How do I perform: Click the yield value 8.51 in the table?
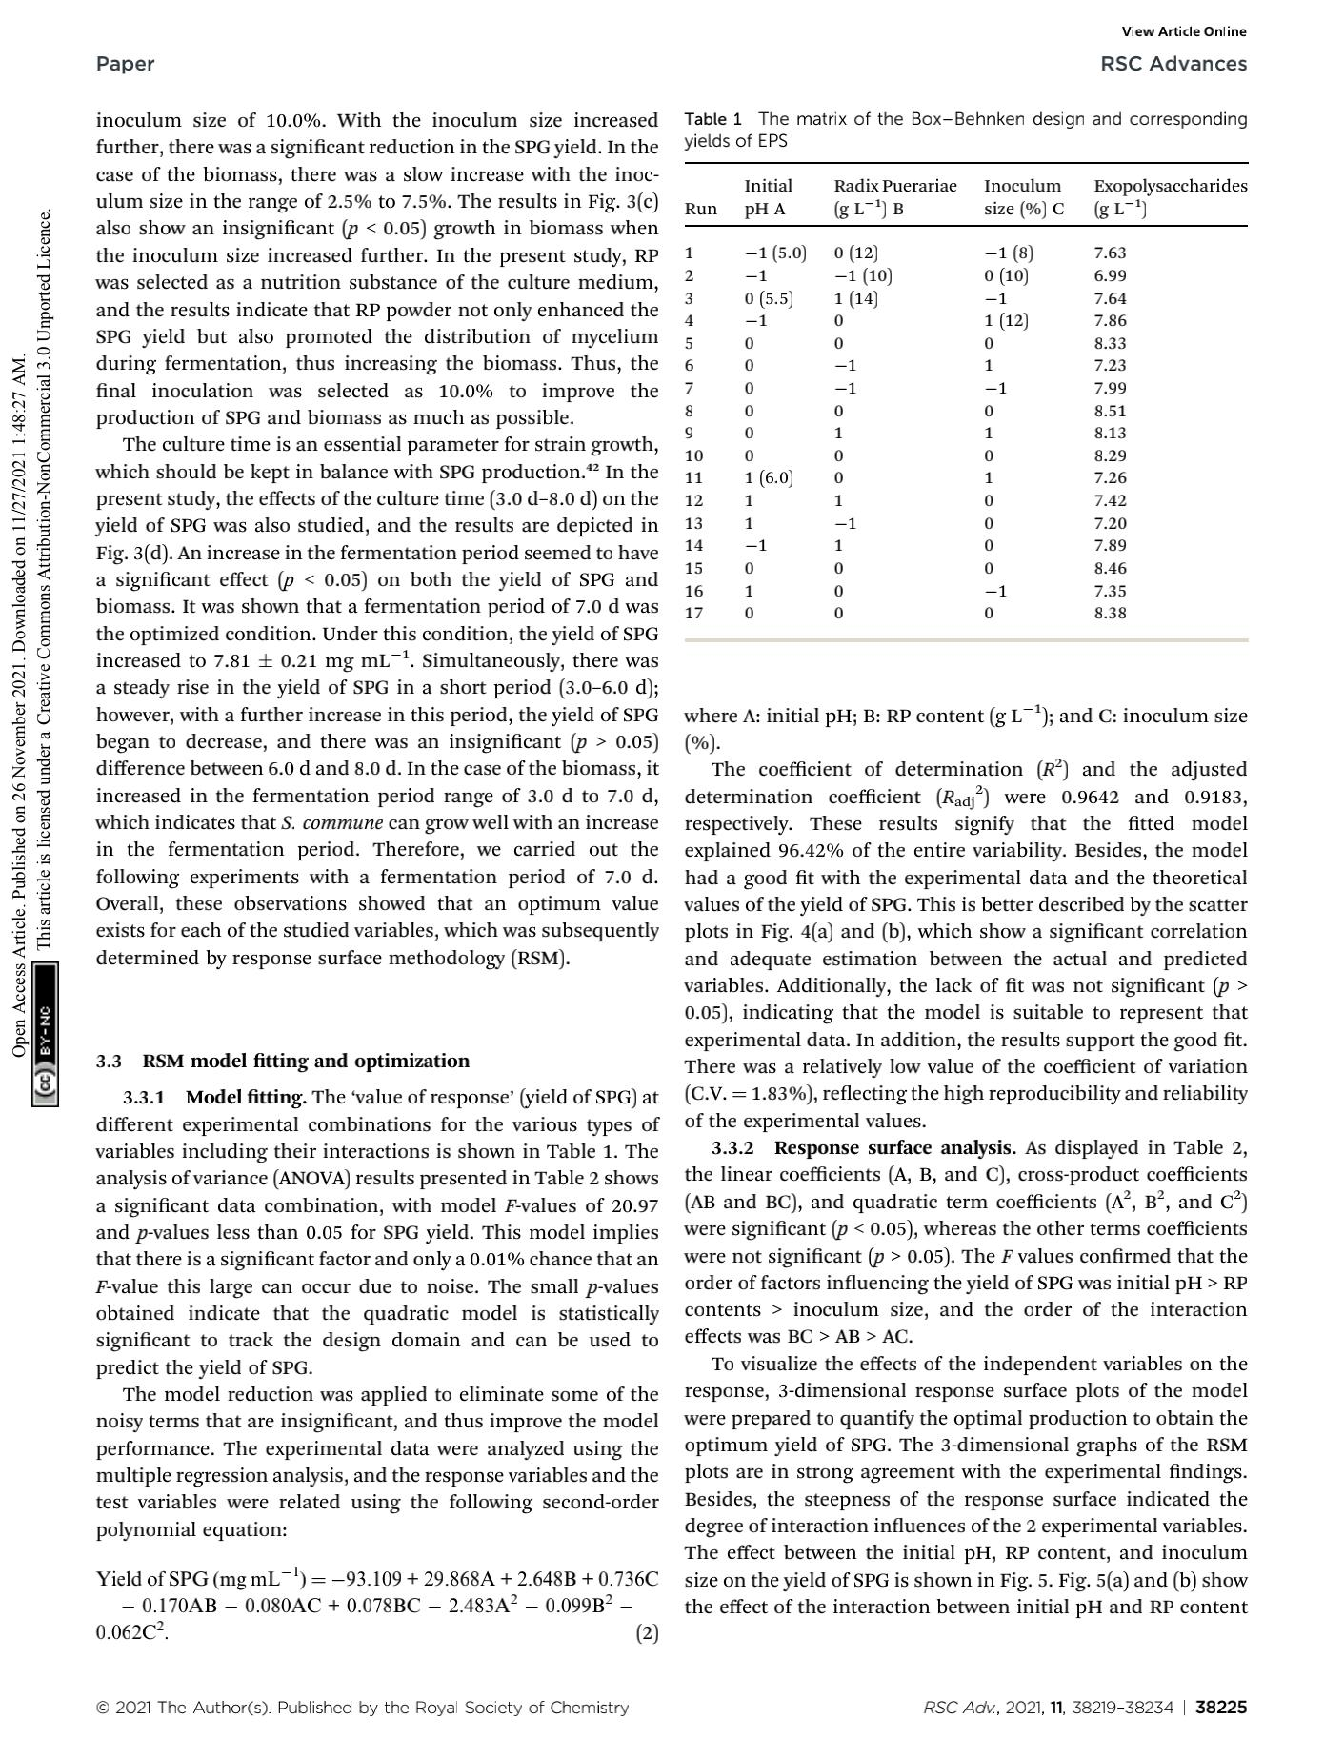1110,411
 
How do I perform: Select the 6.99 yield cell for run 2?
1110,275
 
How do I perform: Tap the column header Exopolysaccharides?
1170,186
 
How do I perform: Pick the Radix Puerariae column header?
894,186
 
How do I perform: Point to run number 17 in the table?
693,613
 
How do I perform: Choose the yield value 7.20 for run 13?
1110,523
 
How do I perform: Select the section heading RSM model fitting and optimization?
306,1061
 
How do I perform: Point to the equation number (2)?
647,1633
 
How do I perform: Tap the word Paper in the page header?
125,64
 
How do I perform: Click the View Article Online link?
1184,31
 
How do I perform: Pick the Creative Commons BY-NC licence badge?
45,1033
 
